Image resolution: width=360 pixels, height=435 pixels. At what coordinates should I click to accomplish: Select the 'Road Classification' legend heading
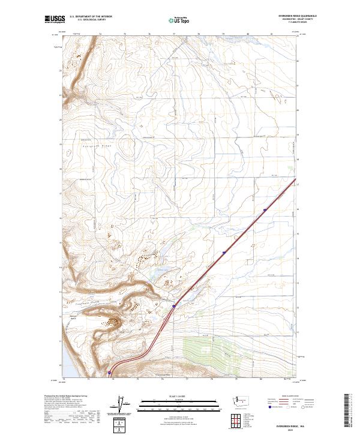pos(293,396)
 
